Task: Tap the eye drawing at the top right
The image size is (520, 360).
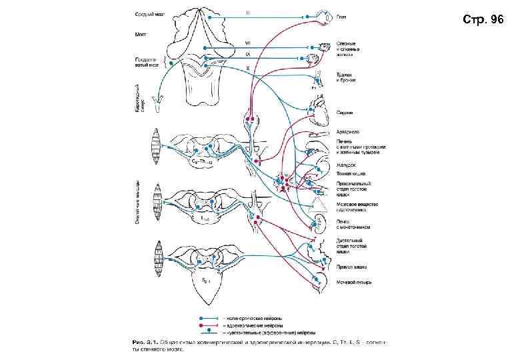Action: [326, 16]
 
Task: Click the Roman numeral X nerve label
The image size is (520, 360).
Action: [248, 67]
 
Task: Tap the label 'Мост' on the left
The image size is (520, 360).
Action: [141, 34]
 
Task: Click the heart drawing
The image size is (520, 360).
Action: [319, 109]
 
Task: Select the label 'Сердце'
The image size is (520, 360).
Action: [344, 113]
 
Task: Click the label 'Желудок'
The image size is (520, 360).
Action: [345, 164]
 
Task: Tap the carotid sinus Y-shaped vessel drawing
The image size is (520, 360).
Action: [159, 102]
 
